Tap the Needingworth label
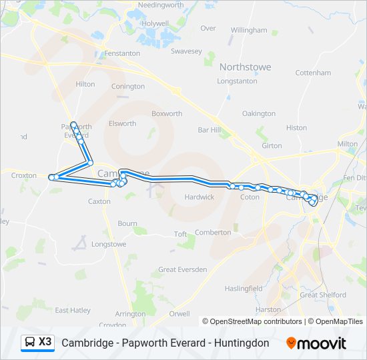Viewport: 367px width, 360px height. pos(160,5)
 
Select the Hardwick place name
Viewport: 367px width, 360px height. pos(200,197)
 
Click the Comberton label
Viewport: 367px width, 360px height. pos(213,232)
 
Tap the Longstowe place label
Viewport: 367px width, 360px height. pos(109,244)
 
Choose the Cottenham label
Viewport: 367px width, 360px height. pos(313,73)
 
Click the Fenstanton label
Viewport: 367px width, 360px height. pos(122,53)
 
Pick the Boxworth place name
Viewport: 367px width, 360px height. pos(167,114)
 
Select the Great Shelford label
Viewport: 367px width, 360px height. pos(323,295)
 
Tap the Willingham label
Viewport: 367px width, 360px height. pos(249,31)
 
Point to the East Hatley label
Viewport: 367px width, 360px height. pos(72,310)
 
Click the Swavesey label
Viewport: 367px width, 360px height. pos(186,51)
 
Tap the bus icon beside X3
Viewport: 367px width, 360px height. pos(30,343)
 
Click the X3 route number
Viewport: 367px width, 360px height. pos(45,342)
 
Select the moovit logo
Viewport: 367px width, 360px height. pos(316,343)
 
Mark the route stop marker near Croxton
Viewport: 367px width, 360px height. pos(51,177)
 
